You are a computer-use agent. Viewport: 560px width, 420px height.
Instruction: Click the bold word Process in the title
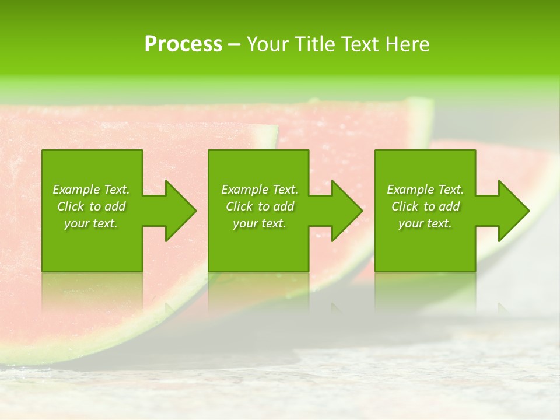point(183,44)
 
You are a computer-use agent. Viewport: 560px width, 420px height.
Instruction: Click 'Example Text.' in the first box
point(91,190)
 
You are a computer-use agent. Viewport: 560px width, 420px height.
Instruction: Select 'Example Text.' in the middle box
point(259,190)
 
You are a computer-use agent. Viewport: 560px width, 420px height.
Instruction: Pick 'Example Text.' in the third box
point(425,190)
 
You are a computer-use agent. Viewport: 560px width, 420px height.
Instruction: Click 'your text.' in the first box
point(91,223)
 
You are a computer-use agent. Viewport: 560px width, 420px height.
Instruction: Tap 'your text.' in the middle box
point(259,223)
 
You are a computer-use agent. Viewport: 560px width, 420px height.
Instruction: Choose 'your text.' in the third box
point(425,223)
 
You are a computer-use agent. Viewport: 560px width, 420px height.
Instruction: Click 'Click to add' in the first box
point(91,206)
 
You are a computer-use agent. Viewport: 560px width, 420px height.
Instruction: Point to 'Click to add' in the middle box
point(259,206)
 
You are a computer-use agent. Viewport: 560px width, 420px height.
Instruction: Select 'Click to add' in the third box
point(425,206)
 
